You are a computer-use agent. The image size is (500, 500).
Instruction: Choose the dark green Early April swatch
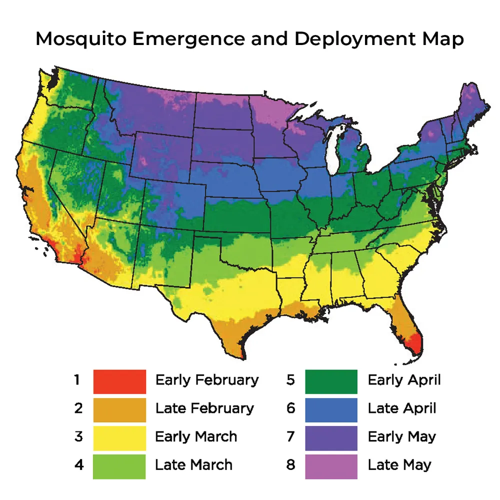[331, 381]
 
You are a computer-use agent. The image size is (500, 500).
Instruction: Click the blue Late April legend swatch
[331, 409]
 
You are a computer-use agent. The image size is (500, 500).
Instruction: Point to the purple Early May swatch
[331, 437]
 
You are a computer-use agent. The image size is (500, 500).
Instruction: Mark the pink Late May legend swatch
[331, 465]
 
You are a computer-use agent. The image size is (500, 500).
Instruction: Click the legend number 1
[77, 380]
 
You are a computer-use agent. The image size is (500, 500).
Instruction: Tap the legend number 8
[290, 465]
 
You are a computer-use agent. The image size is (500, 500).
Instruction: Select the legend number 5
[290, 380]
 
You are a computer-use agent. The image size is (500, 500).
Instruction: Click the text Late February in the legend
[204, 408]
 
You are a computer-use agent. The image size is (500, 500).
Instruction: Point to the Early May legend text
[401, 436]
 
